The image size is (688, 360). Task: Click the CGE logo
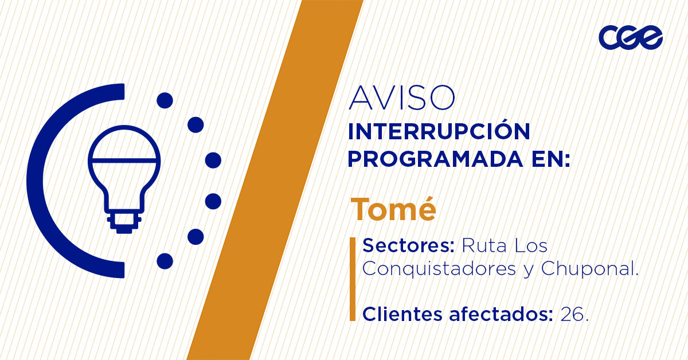coord(631,37)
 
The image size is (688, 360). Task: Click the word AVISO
coord(402,98)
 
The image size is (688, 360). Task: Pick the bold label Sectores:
coord(408,246)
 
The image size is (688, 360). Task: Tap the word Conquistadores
coord(439,268)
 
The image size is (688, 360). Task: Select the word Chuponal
coord(590,269)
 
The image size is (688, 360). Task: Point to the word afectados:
coord(501,314)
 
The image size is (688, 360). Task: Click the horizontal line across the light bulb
coord(124,161)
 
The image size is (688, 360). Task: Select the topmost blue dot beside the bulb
coord(165,100)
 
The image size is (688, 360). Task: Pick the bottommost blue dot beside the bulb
coord(165,261)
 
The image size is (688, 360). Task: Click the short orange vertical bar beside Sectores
coord(353,279)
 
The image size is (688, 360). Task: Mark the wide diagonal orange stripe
coord(275,180)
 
